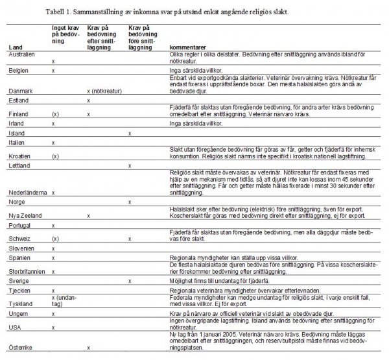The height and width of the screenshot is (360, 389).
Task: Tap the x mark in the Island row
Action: (x=130, y=133)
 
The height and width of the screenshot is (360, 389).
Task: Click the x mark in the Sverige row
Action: (x=130, y=281)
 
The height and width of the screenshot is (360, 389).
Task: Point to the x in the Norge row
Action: (x=130, y=202)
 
